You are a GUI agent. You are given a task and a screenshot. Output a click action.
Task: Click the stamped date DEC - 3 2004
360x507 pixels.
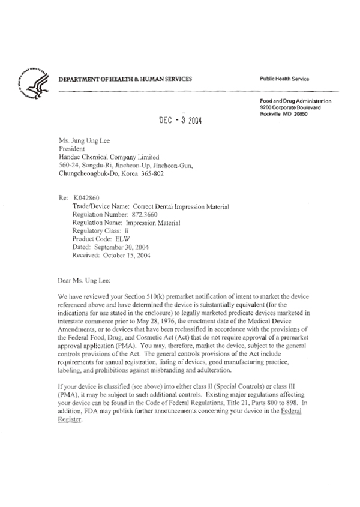180,120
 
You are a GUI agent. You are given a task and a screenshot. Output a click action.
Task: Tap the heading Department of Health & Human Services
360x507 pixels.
125,79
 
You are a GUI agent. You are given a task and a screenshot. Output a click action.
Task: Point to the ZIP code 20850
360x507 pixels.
298,114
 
